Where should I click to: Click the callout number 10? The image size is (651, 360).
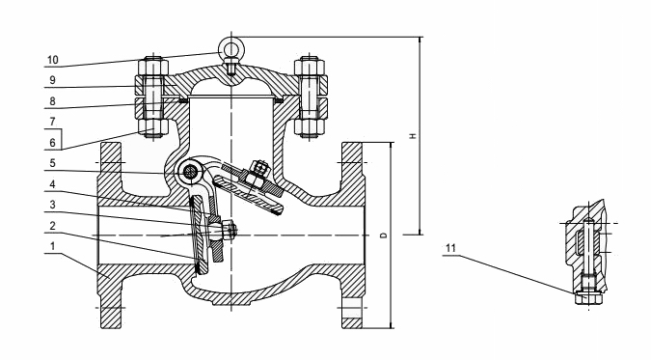pyautogui.click(x=53, y=60)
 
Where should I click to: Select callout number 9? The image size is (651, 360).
pyautogui.click(x=52, y=80)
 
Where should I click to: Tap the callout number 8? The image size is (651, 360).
pyautogui.click(x=52, y=101)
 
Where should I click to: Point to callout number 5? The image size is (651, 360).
pyautogui.click(x=52, y=163)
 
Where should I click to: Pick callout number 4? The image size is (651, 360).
pyautogui.click(x=52, y=184)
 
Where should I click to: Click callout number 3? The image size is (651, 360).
pyautogui.click(x=52, y=205)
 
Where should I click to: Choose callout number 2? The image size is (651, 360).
pyautogui.click(x=52, y=226)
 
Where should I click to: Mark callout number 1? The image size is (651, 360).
pyautogui.click(x=52, y=246)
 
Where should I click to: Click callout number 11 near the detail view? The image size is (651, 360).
pyautogui.click(x=451, y=249)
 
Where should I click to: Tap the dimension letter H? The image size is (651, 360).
pyautogui.click(x=413, y=136)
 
